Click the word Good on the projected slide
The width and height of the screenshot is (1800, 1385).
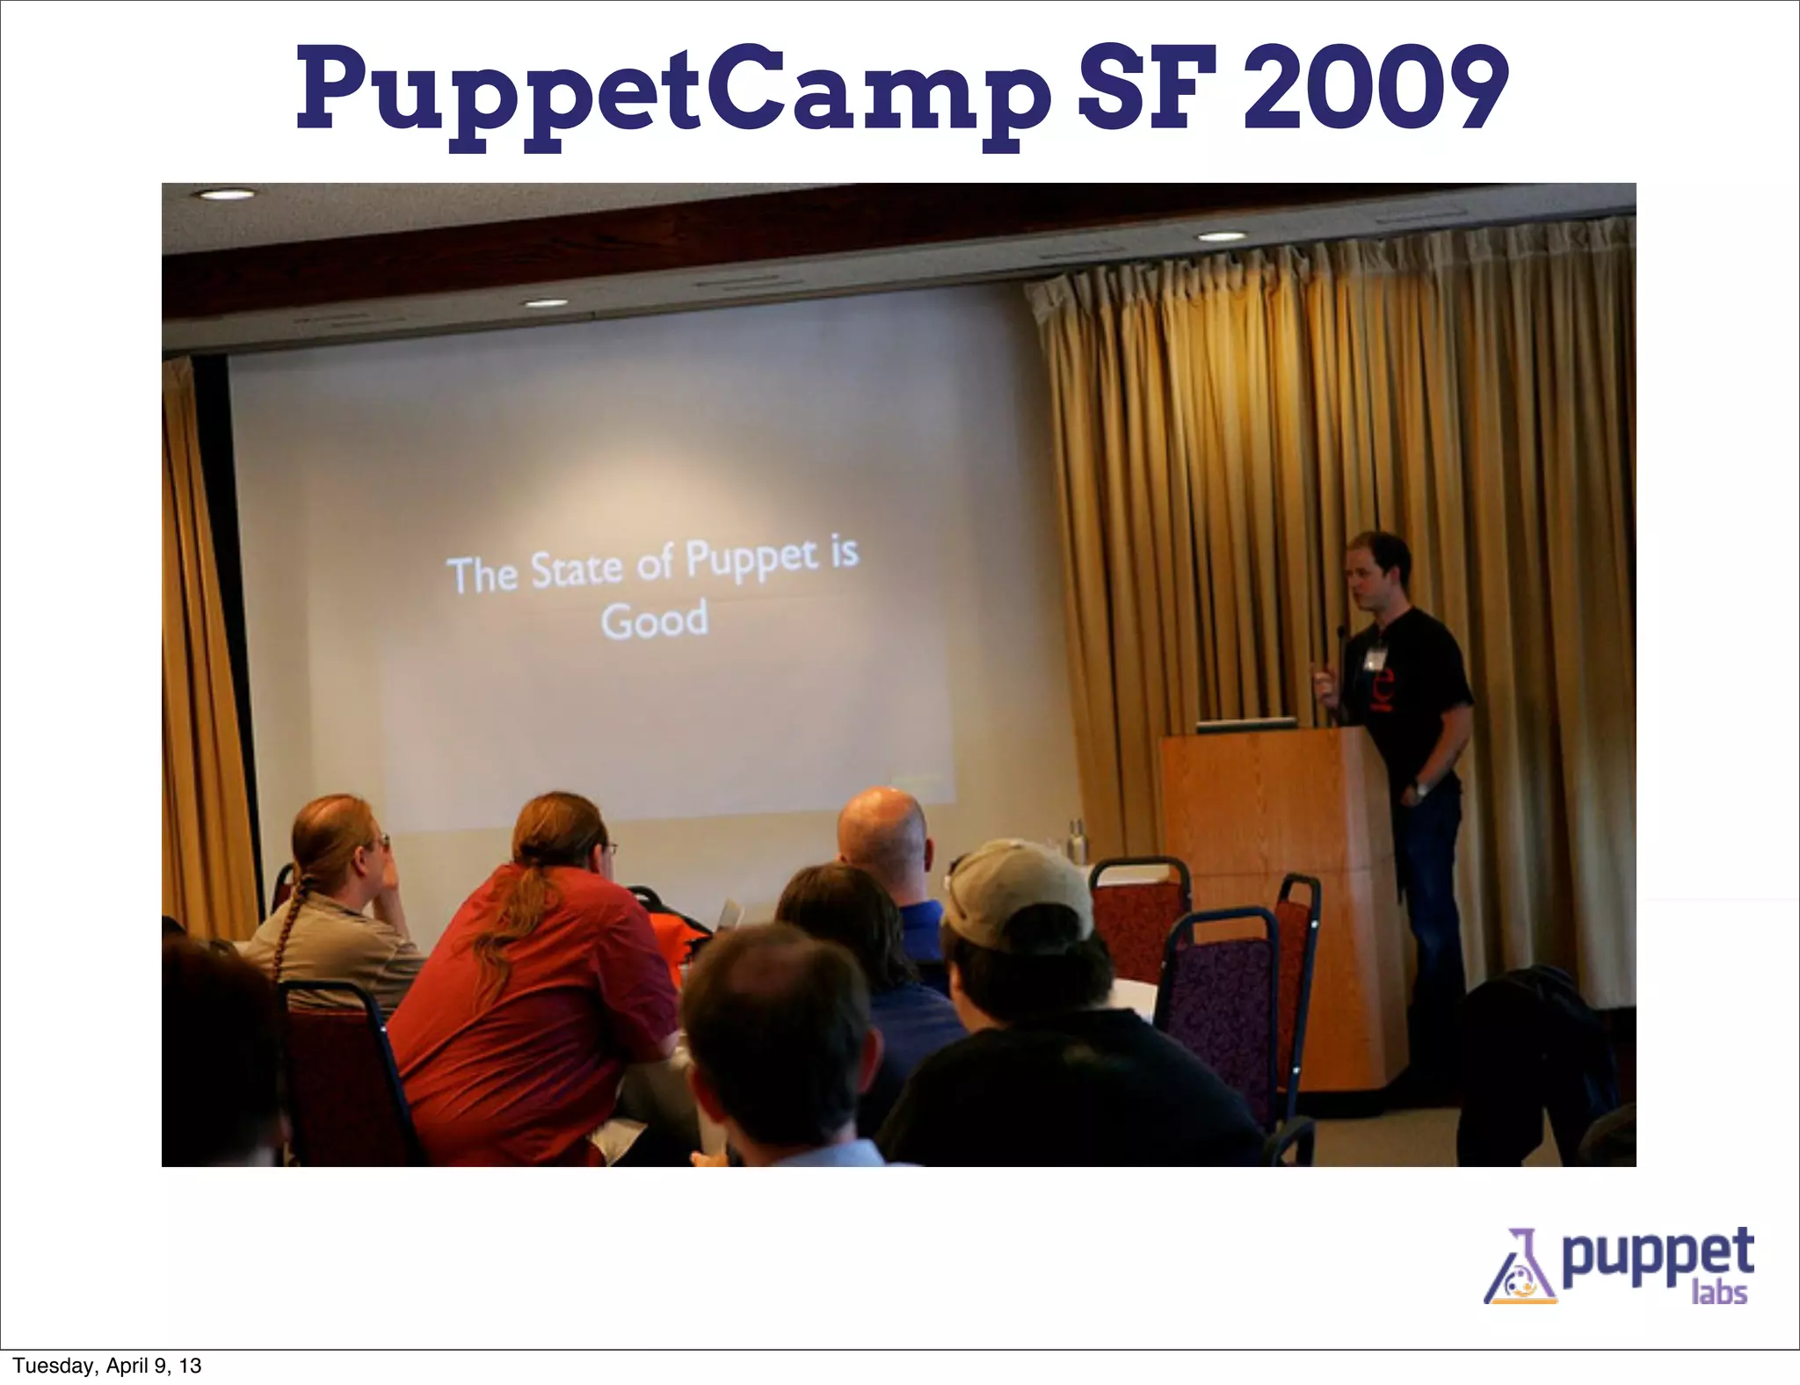point(655,620)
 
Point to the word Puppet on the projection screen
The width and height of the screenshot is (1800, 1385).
point(751,562)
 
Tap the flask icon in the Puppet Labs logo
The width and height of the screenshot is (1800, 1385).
point(1519,1271)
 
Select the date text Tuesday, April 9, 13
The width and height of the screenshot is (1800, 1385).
point(107,1366)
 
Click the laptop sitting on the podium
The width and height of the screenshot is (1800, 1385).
point(1246,725)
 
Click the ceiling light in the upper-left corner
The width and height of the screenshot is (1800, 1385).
point(223,194)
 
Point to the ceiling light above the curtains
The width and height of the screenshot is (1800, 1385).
point(1223,236)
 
